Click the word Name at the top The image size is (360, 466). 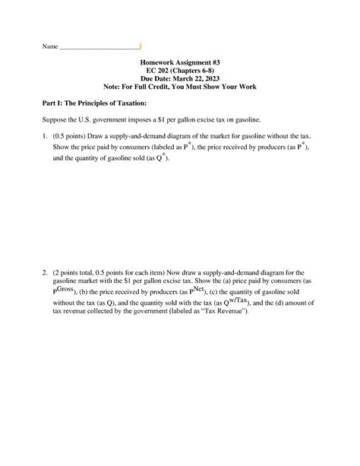(x=49, y=47)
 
